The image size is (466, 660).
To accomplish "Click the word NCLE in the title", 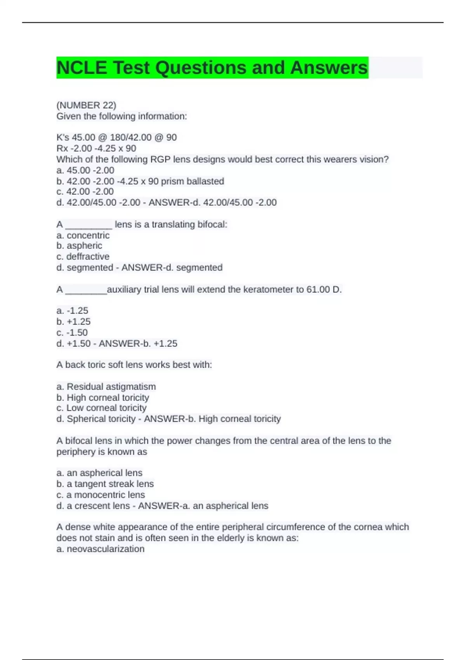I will [82, 68].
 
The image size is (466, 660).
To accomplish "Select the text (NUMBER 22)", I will [86, 105].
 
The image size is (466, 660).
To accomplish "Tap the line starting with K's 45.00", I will [116, 137].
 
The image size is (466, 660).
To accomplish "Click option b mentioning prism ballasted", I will [140, 181].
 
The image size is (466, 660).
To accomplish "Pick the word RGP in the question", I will [160, 159].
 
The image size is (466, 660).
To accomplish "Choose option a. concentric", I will [83, 235].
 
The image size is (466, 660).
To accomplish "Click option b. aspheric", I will [79, 246].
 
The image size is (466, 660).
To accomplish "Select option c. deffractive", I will [83, 257].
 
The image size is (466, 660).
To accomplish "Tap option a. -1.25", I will [72, 311].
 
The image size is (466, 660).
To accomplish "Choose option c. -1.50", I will [72, 333].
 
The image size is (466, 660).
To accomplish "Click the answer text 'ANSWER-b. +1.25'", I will [138, 344].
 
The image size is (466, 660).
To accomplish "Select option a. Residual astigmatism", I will [106, 387].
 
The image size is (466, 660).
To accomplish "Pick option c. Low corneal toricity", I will [101, 408].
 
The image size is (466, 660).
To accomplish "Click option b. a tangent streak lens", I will [105, 484].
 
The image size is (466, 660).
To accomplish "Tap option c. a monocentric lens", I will [101, 495].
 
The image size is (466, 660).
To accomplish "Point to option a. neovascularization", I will [100, 549].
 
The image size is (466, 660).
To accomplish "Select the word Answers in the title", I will [329, 68].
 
